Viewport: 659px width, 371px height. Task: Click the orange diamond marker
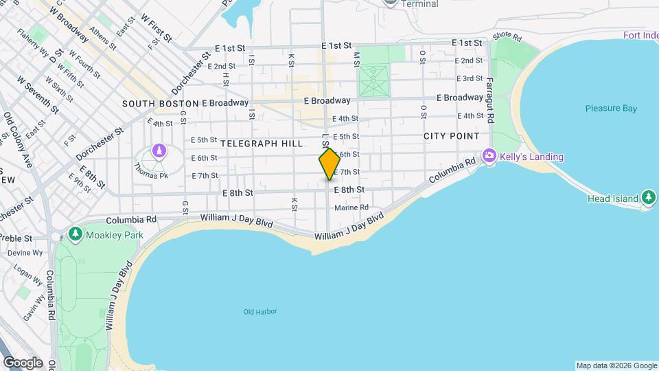click(329, 164)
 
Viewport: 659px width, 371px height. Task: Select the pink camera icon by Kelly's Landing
click(489, 157)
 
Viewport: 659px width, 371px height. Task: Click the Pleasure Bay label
click(611, 109)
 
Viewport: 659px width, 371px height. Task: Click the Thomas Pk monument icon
click(159, 150)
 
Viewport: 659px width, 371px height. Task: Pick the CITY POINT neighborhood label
click(451, 136)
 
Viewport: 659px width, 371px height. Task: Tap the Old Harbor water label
click(260, 312)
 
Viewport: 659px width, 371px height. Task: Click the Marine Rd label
click(351, 207)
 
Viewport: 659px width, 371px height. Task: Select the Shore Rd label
click(507, 35)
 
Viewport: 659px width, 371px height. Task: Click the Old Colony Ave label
click(17, 140)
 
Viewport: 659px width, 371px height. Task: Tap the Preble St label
click(19, 238)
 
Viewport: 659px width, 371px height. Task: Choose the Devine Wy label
click(25, 253)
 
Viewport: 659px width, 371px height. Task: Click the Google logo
click(23, 363)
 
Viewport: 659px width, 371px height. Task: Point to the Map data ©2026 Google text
click(616, 366)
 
